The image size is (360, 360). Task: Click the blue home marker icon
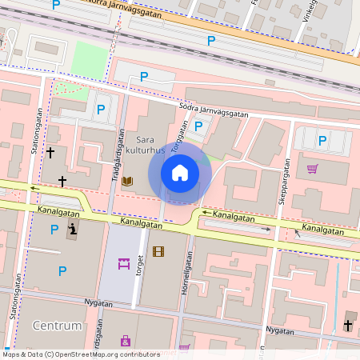click(x=180, y=172)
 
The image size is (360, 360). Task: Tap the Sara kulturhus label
click(x=150, y=145)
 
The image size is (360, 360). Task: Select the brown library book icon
click(x=128, y=182)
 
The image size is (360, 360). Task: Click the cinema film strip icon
click(x=158, y=251)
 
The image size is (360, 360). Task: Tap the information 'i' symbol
click(x=73, y=231)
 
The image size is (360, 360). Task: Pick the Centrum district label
click(x=58, y=326)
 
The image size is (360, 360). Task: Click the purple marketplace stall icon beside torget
click(x=124, y=263)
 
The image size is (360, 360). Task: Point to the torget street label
click(x=139, y=263)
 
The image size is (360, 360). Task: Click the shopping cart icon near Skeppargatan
click(x=312, y=169)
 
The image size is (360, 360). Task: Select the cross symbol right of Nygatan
click(x=347, y=325)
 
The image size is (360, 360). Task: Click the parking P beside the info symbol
click(x=54, y=230)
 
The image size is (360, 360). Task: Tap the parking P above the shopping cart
click(x=322, y=141)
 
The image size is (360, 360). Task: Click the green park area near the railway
click(x=90, y=59)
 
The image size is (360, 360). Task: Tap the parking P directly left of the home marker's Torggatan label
click(x=198, y=126)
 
